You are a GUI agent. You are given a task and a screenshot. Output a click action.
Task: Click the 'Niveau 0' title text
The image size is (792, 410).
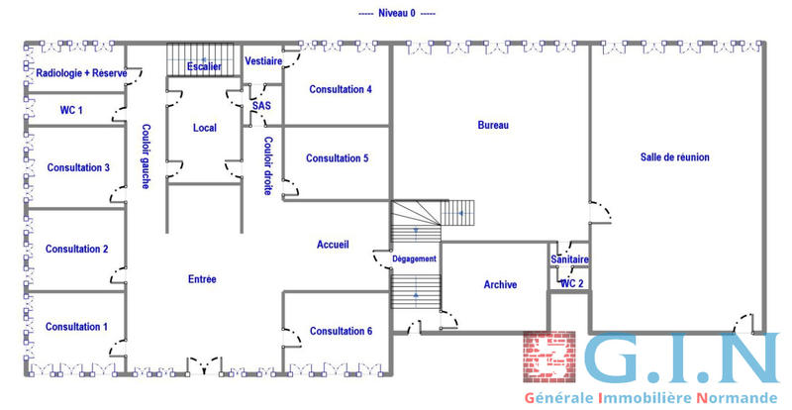(396, 14)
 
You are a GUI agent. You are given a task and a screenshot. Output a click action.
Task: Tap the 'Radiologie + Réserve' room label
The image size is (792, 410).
(81, 73)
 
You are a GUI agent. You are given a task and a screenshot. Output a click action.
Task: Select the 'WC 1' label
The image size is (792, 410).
(72, 110)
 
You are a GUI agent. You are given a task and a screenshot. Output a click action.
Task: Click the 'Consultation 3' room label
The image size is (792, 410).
(78, 167)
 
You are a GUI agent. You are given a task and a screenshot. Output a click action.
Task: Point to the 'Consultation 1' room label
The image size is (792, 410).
(77, 327)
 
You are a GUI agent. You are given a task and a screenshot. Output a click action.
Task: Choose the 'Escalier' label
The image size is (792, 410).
(204, 66)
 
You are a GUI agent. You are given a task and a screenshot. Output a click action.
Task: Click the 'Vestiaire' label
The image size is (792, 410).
(263, 61)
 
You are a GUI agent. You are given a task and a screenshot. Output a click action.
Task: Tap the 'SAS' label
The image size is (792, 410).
(261, 105)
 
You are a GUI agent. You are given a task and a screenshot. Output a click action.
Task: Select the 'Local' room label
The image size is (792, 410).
(205, 128)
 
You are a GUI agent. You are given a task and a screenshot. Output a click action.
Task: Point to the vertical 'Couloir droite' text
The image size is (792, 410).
(267, 165)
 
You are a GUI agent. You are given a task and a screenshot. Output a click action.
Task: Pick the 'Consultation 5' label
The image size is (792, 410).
(337, 158)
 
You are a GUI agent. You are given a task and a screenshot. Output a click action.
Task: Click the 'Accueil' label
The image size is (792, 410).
(333, 245)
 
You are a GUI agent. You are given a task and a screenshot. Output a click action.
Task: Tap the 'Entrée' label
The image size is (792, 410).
(202, 279)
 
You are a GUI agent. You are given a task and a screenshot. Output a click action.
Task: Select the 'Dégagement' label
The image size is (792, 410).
(414, 258)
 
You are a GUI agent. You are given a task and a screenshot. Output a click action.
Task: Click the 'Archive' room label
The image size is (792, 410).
(500, 285)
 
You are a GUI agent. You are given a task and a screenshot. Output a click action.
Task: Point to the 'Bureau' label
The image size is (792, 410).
(493, 126)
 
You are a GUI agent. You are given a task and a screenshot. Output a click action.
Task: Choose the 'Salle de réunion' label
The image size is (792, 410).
(675, 157)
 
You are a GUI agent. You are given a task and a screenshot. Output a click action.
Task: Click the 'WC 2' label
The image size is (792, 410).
(572, 283)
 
